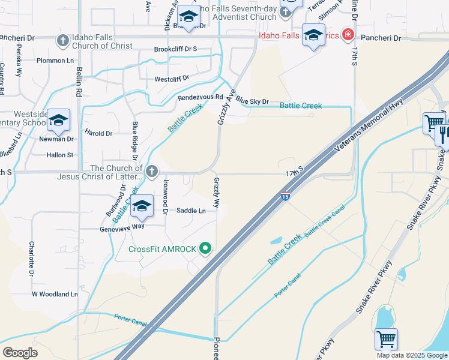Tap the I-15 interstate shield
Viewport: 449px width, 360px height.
[285, 196]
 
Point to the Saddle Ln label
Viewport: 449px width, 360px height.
[191, 211]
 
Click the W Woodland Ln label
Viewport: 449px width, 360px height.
[55, 295]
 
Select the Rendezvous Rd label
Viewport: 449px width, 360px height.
[200, 97]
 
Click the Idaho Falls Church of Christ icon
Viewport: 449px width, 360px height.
[62, 41]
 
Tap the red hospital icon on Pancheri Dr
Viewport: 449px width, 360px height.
[347, 35]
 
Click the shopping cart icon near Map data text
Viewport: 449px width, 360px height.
[386, 340]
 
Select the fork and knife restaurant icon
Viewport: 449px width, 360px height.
[443, 134]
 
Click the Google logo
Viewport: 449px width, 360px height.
[20, 353]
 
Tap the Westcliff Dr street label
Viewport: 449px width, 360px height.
[172, 79]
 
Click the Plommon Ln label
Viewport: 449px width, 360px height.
[55, 60]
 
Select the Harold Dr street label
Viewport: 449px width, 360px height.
[98, 133]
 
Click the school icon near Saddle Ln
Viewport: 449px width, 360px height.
[142, 207]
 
